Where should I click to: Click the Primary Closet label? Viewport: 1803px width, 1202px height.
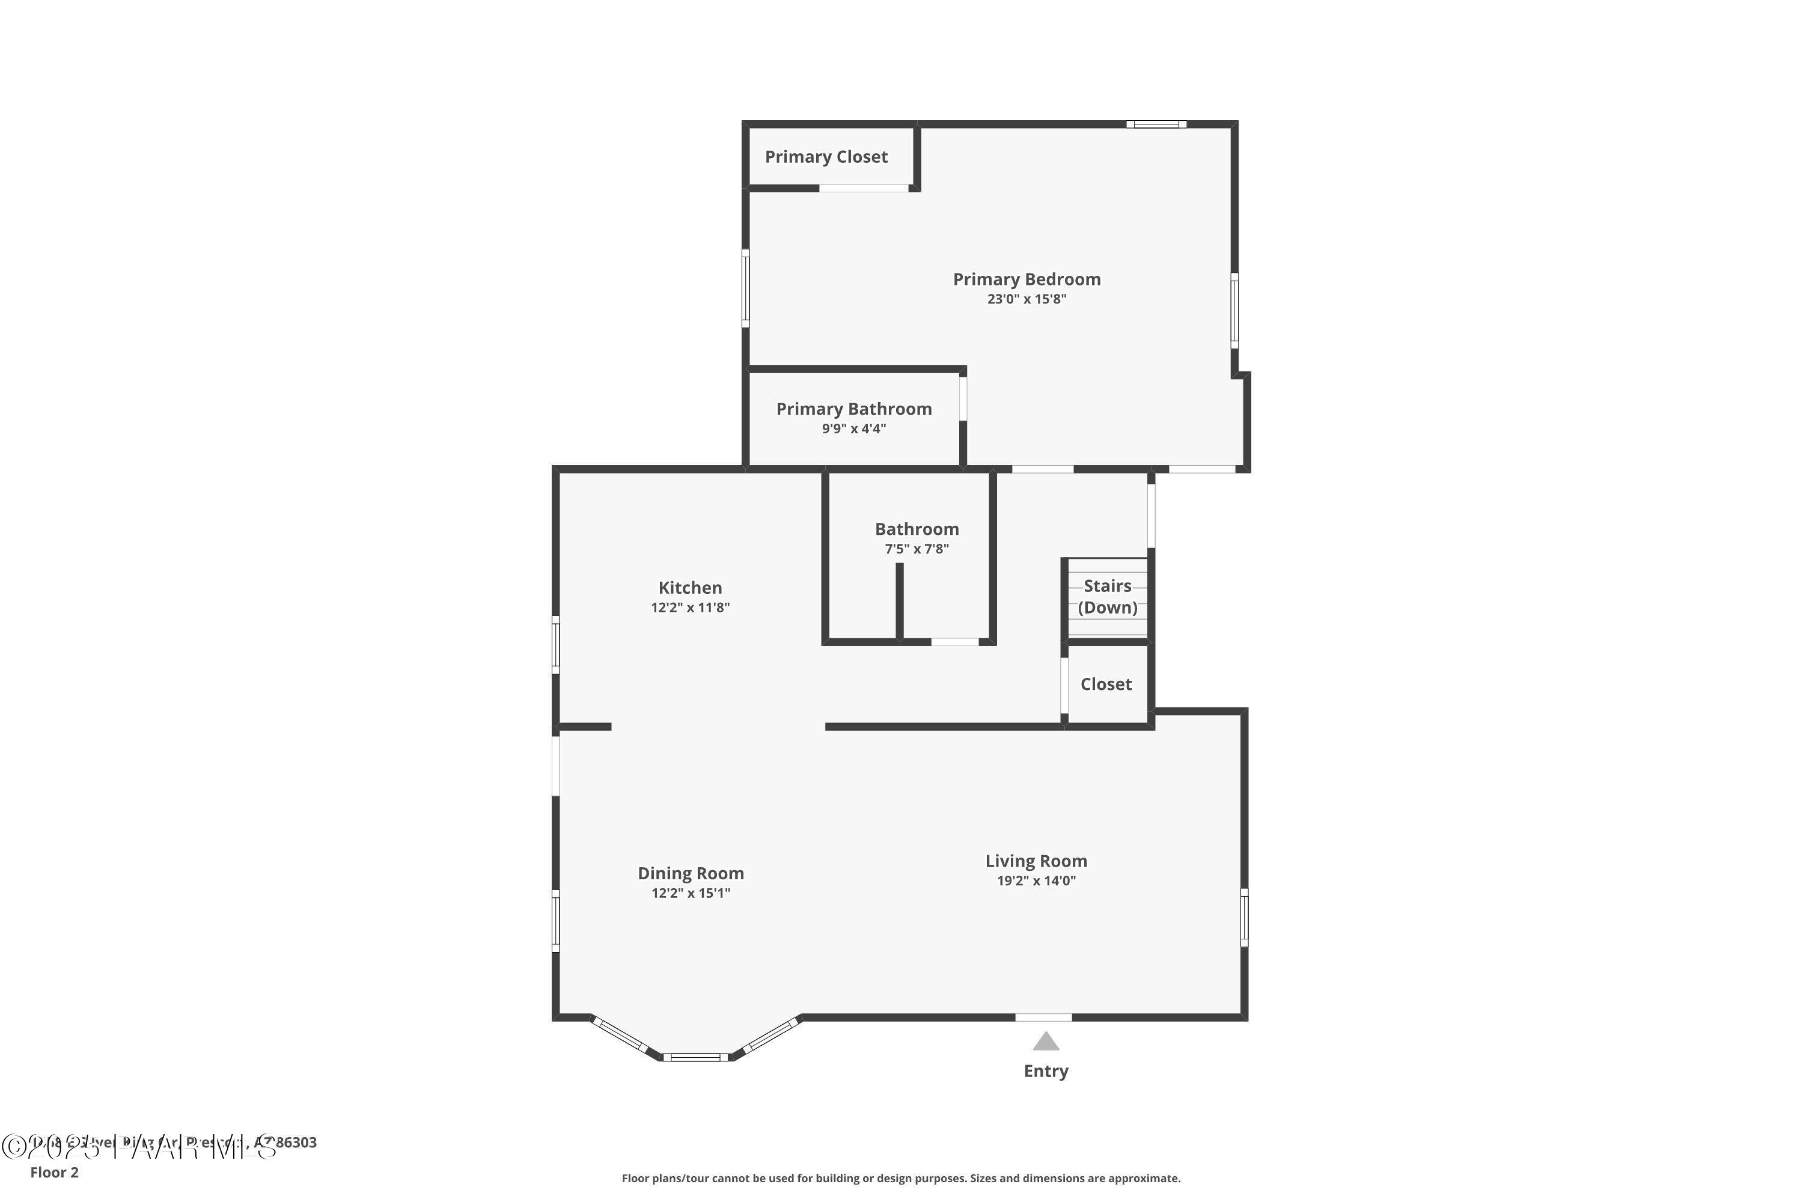826,157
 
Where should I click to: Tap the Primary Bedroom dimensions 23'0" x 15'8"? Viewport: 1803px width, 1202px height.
1027,299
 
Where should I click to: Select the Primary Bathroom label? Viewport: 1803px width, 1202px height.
854,409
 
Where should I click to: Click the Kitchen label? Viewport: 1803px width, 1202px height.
690,588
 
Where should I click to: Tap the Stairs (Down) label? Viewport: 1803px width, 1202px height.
1107,596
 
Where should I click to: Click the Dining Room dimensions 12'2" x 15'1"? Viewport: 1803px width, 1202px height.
690,893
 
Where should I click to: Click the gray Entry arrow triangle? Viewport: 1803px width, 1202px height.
1046,1042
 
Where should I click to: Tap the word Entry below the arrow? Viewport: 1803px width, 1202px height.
1046,1071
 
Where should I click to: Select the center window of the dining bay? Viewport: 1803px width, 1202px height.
695,1058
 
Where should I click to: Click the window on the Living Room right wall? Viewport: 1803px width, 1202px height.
1244,917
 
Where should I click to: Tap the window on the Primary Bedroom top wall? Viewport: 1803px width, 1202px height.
1156,124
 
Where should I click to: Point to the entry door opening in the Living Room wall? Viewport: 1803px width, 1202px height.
1043,1017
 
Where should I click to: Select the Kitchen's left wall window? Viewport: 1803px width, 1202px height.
556,645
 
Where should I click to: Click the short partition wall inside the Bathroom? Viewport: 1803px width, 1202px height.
899,602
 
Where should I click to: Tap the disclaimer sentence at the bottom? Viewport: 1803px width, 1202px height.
901,1178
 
